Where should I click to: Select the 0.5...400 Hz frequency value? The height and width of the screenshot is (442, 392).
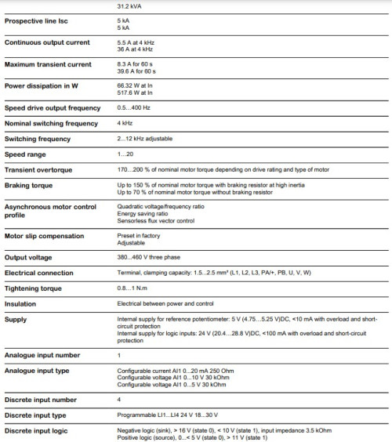point(133,107)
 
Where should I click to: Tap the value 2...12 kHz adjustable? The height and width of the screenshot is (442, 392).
point(145,138)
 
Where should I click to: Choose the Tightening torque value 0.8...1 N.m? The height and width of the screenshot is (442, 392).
point(132,288)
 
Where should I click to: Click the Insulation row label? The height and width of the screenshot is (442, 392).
point(23,303)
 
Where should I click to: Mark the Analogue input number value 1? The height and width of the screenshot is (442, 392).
point(118,355)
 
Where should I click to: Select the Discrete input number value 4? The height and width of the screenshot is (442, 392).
point(119,399)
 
